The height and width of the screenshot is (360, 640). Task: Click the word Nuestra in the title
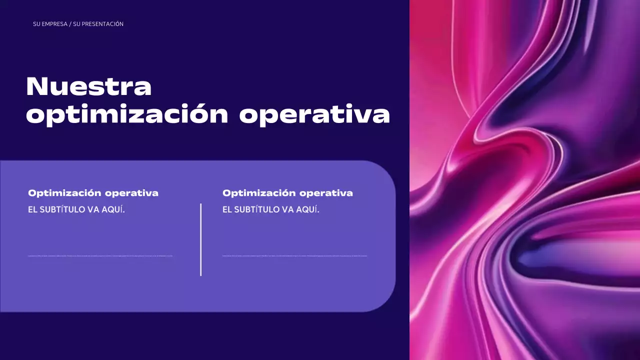(88, 86)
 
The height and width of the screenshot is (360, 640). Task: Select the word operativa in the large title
(314, 115)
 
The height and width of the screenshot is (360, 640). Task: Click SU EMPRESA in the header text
(50, 24)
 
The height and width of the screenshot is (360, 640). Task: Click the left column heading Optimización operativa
(93, 193)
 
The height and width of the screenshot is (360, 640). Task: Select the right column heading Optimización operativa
(287, 193)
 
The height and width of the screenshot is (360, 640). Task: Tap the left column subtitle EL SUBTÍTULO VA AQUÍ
(76, 209)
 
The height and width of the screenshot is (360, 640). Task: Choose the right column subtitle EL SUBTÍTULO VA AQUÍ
(271, 209)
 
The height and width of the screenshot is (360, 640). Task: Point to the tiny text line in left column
(100, 256)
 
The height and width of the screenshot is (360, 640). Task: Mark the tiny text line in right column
(294, 256)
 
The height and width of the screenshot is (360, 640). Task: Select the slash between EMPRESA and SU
(70, 24)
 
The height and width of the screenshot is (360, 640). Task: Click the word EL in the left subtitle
(32, 209)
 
